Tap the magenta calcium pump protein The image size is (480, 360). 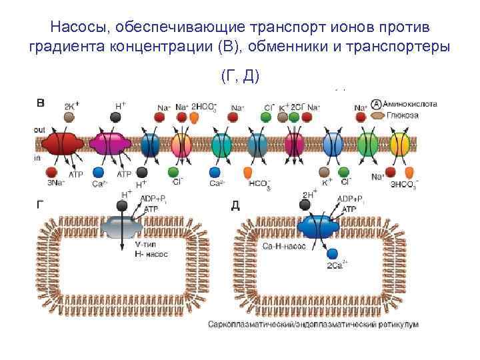[x=108, y=144]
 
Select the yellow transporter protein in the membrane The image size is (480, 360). [x=399, y=144]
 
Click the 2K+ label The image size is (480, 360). [x=71, y=106]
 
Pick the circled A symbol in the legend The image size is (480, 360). [x=377, y=105]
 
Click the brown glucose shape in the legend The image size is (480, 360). [x=377, y=115]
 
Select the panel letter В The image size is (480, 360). [x=41, y=103]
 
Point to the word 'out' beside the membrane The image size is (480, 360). [x=40, y=129]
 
